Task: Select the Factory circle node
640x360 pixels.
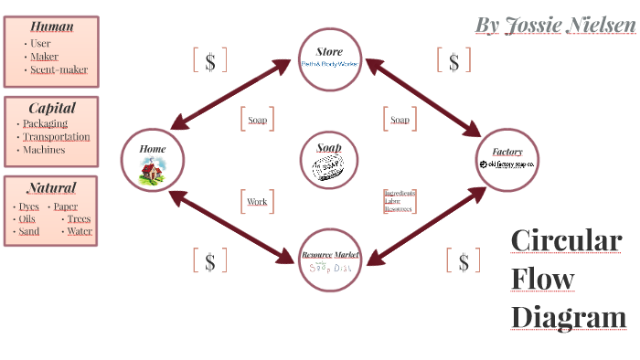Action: pyautogui.click(x=507, y=159)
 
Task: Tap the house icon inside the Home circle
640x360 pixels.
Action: pyautogui.click(x=152, y=171)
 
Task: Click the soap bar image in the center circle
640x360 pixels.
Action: pyautogui.click(x=329, y=167)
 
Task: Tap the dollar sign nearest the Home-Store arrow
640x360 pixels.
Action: pyautogui.click(x=210, y=61)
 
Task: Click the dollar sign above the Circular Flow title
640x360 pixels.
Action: pyautogui.click(x=463, y=261)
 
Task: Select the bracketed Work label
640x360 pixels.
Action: pyautogui.click(x=257, y=201)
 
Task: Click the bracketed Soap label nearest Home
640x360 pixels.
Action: pyautogui.click(x=258, y=119)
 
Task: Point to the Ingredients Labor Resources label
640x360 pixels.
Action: pyautogui.click(x=399, y=201)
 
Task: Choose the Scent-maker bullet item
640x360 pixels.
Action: pyautogui.click(x=59, y=69)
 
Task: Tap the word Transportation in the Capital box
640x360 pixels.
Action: pyautogui.click(x=57, y=136)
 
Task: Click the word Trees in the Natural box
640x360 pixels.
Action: pyautogui.click(x=79, y=218)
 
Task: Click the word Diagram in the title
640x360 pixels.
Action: pyautogui.click(x=568, y=317)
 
